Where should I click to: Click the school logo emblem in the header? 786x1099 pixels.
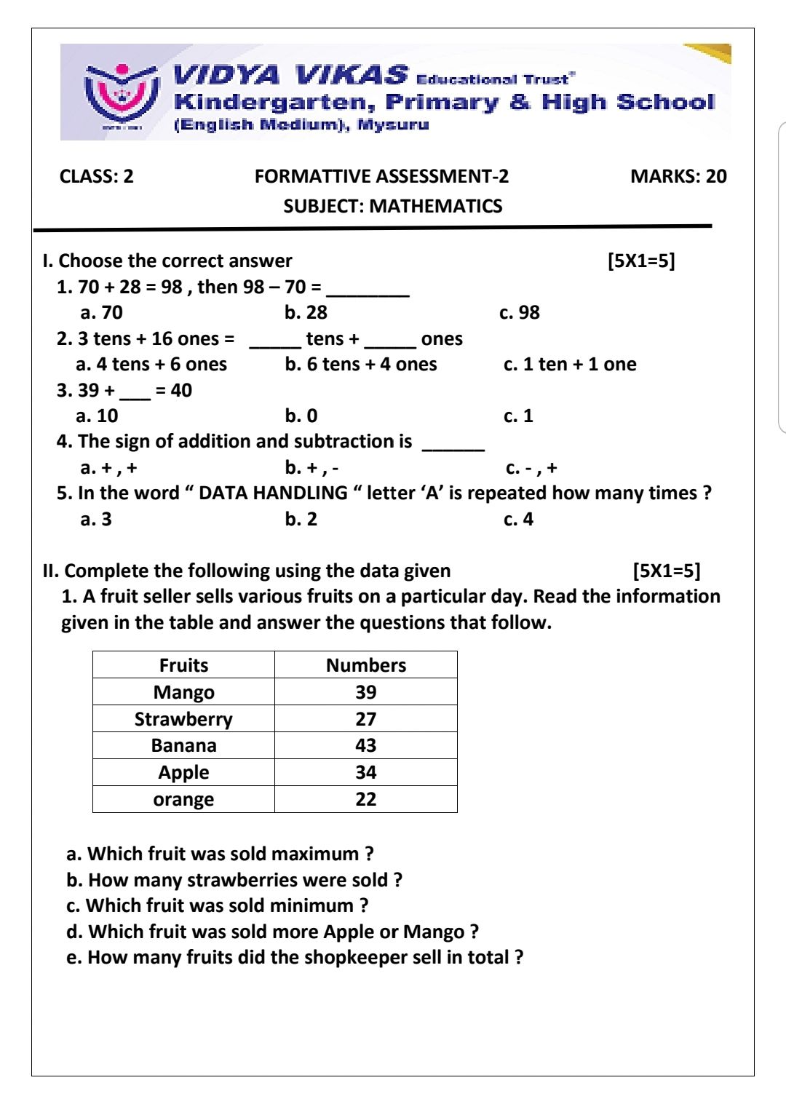coord(121,93)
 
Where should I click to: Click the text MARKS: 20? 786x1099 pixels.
coord(678,176)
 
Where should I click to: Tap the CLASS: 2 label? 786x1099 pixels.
coord(97,176)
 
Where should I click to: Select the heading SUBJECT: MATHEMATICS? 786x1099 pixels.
coord(392,206)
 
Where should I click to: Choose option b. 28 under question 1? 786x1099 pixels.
coord(306,313)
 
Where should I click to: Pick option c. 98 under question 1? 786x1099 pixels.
coord(519,313)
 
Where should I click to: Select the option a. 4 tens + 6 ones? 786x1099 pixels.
coord(151,365)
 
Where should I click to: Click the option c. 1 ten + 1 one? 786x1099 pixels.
coord(569,365)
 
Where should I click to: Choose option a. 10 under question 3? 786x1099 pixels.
coord(97,416)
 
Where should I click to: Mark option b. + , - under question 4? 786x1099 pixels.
coord(311,468)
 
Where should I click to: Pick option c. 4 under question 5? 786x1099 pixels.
coord(518,520)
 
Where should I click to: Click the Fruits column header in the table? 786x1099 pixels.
coord(183,665)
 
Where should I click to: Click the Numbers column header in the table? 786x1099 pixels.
coord(365,665)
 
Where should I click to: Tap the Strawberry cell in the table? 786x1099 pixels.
coord(183,719)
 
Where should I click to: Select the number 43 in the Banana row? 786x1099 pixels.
coord(365,745)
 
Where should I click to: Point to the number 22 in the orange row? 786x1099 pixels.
coord(365,799)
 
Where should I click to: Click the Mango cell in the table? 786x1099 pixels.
coord(183,692)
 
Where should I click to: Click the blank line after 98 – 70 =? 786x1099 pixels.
coord(368,290)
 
